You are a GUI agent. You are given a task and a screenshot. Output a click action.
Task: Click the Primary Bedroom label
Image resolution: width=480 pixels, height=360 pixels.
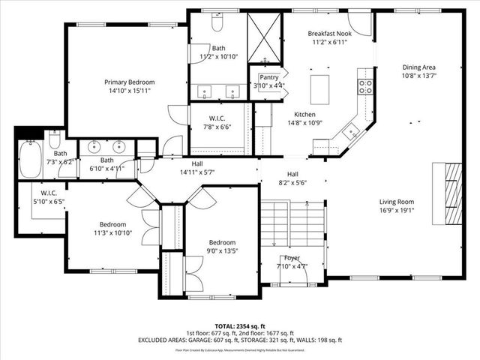[x=130, y=82]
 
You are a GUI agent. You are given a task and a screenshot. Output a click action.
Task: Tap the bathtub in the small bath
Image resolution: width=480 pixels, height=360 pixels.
[x=30, y=158]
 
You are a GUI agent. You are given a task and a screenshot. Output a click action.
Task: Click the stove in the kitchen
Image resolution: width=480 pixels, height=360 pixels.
[x=365, y=86]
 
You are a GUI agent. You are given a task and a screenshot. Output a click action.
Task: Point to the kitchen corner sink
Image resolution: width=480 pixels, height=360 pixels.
[x=350, y=133]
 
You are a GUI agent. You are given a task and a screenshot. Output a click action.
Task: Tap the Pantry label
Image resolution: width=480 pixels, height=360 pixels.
[x=268, y=76]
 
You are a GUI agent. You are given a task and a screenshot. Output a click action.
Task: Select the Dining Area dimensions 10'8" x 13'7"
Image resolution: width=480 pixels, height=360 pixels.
[x=420, y=75]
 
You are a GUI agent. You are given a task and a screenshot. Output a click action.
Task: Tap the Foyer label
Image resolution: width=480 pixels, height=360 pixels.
[x=292, y=257]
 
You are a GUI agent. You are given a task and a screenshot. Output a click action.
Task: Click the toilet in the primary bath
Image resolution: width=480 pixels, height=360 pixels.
[x=217, y=23]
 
